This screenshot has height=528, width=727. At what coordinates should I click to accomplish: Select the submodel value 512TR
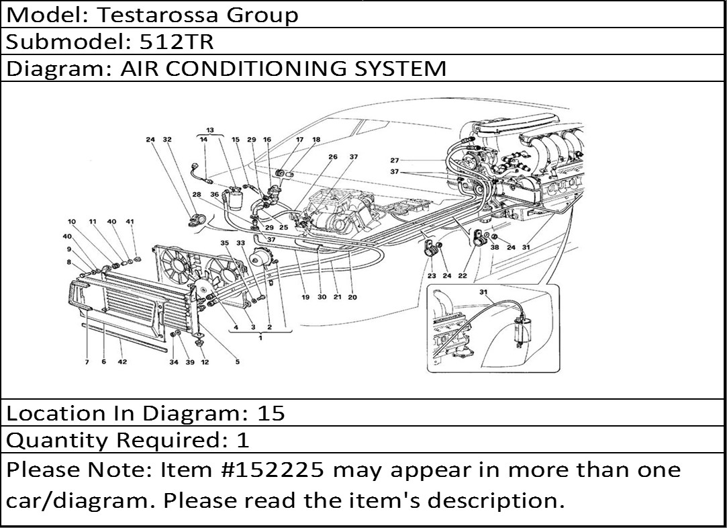(177, 42)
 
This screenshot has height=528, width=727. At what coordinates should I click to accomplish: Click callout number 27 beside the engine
(395, 161)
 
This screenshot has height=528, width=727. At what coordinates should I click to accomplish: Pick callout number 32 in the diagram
(167, 140)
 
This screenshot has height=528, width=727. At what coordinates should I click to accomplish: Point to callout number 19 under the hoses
(305, 296)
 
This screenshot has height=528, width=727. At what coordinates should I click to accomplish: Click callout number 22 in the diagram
(463, 275)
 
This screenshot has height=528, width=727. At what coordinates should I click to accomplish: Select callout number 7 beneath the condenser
(87, 362)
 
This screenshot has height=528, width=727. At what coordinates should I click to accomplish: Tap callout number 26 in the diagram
(333, 157)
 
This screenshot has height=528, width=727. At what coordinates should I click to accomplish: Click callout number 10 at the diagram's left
(72, 222)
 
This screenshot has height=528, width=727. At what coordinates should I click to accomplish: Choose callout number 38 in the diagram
(495, 247)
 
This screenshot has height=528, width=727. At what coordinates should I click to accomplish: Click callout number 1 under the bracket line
(260, 337)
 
